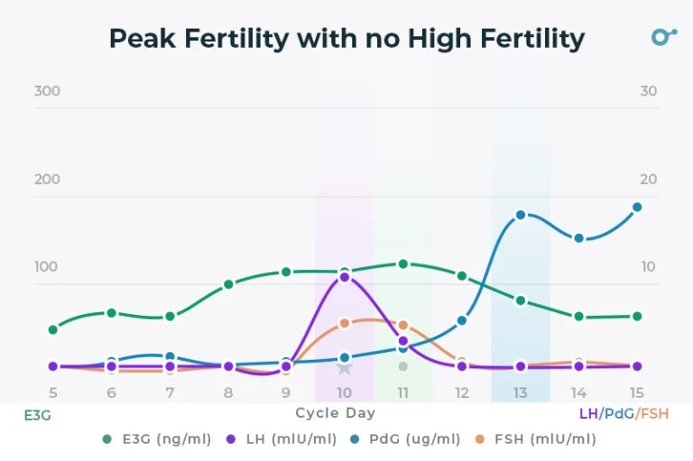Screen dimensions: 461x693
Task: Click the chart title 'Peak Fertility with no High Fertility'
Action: (346, 39)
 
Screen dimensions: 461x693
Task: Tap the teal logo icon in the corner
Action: (663, 37)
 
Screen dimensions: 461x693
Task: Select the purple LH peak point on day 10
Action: (345, 277)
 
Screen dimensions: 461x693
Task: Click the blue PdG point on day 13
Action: (521, 215)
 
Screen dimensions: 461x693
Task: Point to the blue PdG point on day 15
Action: (637, 207)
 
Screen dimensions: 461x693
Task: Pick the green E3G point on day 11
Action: (403, 264)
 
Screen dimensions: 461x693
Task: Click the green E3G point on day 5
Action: (53, 329)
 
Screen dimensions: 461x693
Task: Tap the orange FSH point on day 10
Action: (345, 323)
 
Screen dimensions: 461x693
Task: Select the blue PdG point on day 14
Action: (578, 238)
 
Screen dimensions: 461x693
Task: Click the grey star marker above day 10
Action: (345, 367)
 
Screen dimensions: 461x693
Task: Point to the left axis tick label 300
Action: (47, 91)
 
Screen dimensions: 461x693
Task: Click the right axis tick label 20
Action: (648, 180)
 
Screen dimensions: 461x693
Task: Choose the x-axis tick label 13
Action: (521, 392)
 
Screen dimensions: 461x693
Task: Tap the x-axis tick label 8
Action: (228, 392)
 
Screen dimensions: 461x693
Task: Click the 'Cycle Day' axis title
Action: (335, 413)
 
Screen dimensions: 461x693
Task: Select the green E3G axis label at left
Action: (37, 415)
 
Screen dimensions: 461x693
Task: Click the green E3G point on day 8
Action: (228, 284)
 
